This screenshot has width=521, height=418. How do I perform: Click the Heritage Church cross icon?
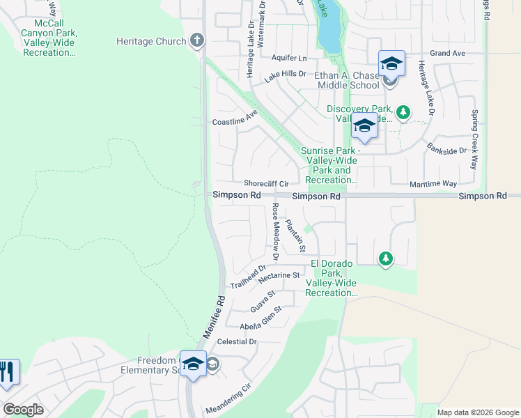pos(197,40)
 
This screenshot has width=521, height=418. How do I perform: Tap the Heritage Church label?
pos(151,42)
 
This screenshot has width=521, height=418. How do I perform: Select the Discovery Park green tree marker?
pos(403,111)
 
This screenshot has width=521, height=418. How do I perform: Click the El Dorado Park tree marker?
pos(385,259)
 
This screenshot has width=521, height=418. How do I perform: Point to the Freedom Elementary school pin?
pos(193,364)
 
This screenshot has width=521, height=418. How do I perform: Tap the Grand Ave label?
pos(447,53)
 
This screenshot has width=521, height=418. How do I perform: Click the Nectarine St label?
pos(278,276)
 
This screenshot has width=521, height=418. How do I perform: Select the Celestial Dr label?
pos(237,342)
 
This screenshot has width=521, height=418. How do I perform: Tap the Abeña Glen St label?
pos(260,316)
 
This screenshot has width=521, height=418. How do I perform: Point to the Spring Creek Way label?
pos(474,139)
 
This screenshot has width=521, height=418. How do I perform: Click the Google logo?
pos(23,410)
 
